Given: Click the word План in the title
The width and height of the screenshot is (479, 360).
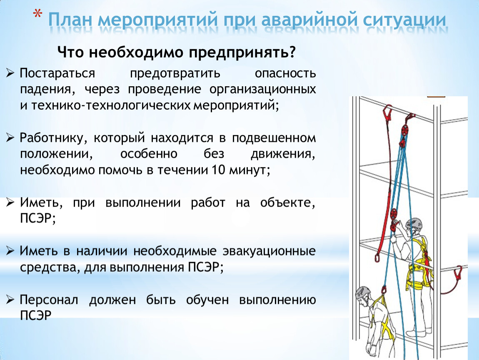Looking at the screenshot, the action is (70, 20).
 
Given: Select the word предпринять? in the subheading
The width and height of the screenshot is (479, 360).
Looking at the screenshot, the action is (242, 52).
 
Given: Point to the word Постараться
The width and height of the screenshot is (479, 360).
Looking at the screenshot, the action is (57, 74).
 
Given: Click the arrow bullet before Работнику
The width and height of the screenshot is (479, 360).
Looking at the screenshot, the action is (10, 138).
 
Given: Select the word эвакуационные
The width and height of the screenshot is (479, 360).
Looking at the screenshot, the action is (269, 251).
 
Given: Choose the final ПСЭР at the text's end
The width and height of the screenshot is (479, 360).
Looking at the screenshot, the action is (35, 315).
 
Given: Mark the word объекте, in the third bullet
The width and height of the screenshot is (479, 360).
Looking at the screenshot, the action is (287, 203).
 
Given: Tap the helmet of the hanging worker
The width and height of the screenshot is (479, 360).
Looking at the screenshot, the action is (363, 293).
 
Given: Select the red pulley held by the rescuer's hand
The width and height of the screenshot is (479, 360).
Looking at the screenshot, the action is (394, 214).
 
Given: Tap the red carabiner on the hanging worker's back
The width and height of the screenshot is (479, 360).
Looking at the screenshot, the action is (384, 290).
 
